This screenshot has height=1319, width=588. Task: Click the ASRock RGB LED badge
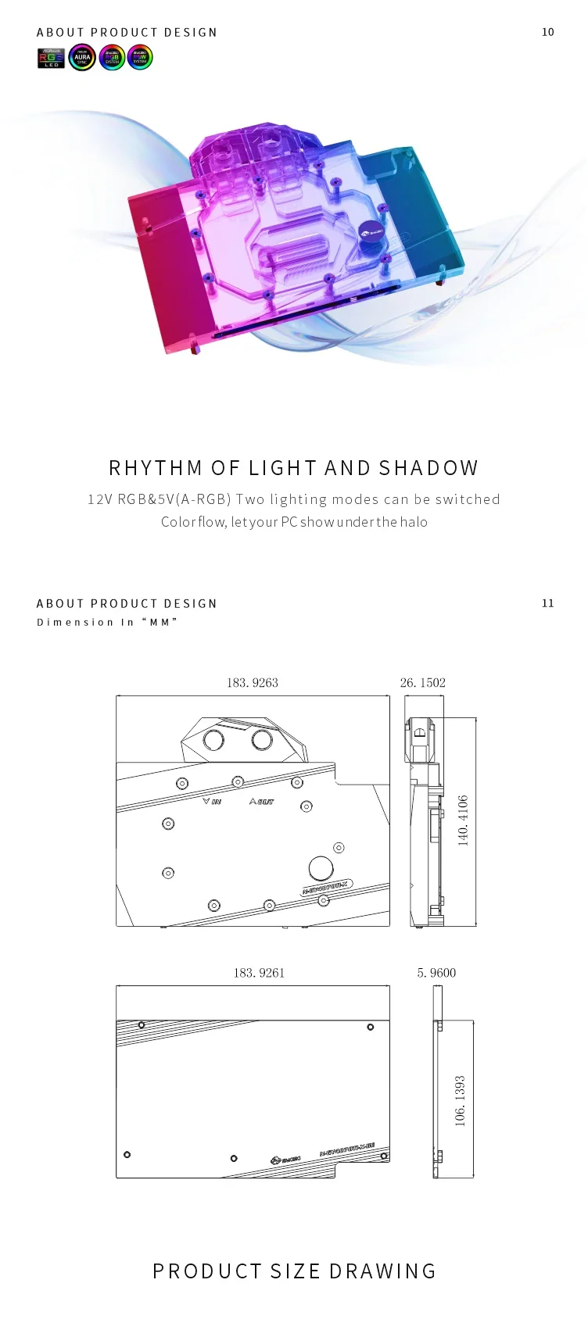point(52,58)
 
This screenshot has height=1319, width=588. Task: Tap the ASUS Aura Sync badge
point(82,58)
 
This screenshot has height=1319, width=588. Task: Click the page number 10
point(547,32)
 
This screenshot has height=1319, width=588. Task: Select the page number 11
point(547,603)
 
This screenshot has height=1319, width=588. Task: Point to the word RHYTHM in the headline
point(156,468)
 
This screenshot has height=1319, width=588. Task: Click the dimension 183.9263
point(252,683)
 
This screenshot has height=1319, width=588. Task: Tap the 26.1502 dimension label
point(422,683)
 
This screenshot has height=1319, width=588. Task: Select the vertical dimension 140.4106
point(463,820)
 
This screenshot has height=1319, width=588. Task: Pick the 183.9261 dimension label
point(259,973)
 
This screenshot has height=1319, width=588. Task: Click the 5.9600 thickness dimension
point(436,973)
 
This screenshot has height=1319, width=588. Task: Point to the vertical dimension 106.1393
point(460,1100)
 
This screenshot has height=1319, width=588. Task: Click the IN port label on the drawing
point(212,802)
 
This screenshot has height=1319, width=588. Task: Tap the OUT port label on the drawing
point(262,802)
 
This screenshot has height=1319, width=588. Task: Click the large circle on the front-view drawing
point(320,868)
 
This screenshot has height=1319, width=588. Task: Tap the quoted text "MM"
point(160,622)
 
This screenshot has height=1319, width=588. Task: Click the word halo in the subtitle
point(414,522)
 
